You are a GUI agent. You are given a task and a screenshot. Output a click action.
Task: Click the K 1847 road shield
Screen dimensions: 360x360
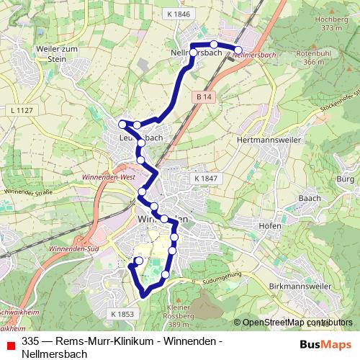(x=205, y=178)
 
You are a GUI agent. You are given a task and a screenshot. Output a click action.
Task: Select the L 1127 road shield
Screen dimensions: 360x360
(x=24, y=110)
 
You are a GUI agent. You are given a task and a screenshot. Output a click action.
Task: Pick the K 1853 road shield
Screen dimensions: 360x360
(x=123, y=314)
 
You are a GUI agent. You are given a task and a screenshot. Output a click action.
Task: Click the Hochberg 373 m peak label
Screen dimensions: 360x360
(x=331, y=24)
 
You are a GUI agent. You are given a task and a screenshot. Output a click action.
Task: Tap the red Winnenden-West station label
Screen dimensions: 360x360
(x=109, y=175)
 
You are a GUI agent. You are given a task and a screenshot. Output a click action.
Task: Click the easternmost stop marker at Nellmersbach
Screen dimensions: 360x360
(x=239, y=49)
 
